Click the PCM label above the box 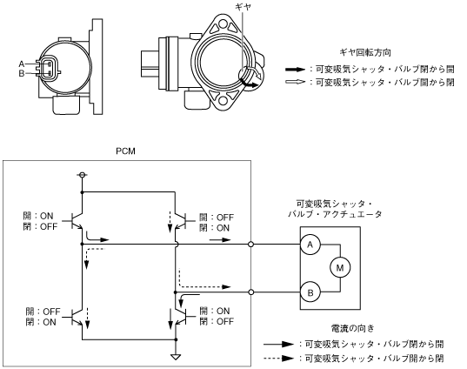pyautogui.click(x=125, y=151)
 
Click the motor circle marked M pyautogui.click(x=340, y=268)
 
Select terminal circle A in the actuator pyautogui.click(x=310, y=245)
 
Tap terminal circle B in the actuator pyautogui.click(x=310, y=292)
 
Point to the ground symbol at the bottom pyautogui.click(x=176, y=357)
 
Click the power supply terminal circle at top pyautogui.click(x=82, y=174)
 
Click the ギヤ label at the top pyautogui.click(x=243, y=6)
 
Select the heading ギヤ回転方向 pyautogui.click(x=365, y=52)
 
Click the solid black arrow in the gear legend pyautogui.click(x=295, y=70)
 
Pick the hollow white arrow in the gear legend pyautogui.click(x=295, y=82)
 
